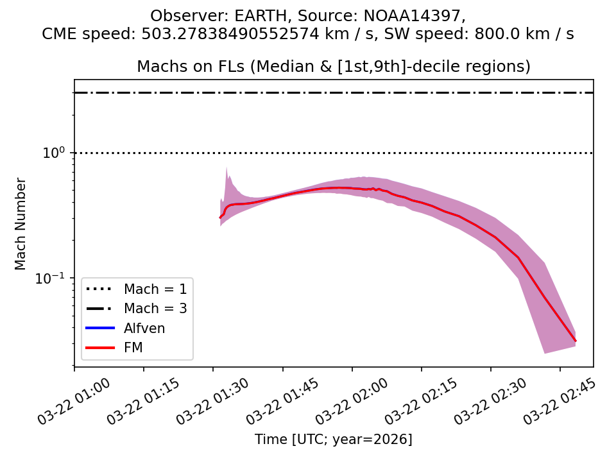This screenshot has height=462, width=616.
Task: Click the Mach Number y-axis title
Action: coord(21,223)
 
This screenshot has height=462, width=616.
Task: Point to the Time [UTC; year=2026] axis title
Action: coord(334,440)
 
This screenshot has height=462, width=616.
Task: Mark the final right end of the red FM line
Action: coord(576,341)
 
